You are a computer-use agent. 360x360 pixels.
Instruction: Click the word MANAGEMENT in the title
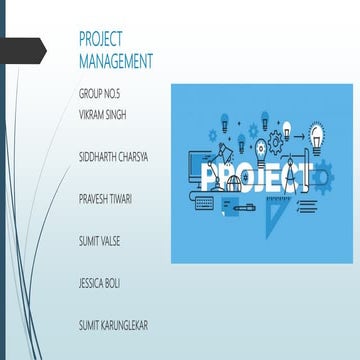[116, 62]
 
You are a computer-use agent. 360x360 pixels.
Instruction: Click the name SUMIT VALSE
[100, 241]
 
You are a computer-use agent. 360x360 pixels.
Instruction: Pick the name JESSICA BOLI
[99, 283]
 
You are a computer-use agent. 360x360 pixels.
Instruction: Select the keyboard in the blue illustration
[204, 201]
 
